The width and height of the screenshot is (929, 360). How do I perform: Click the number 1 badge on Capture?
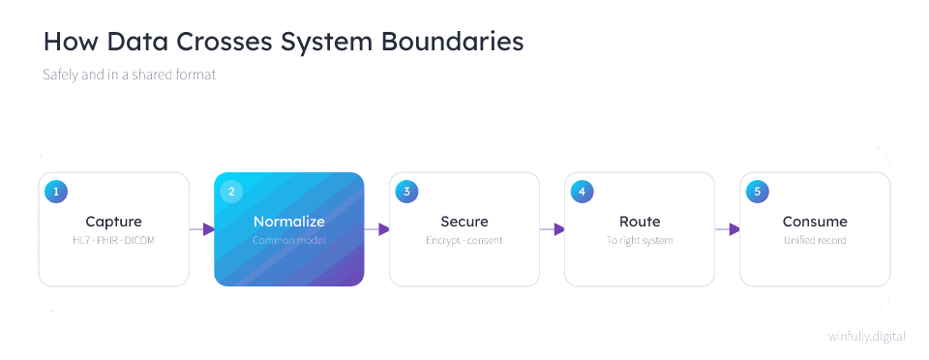pyautogui.click(x=56, y=192)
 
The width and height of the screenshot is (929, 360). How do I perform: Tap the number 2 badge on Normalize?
pyautogui.click(x=231, y=192)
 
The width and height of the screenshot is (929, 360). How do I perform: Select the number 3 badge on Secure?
pyautogui.click(x=407, y=192)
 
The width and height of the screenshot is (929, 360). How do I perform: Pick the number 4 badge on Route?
pyautogui.click(x=583, y=192)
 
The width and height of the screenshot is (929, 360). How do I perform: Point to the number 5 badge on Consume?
pyautogui.click(x=758, y=192)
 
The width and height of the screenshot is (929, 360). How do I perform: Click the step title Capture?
pyautogui.click(x=114, y=222)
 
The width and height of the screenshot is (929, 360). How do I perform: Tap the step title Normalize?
pyautogui.click(x=289, y=222)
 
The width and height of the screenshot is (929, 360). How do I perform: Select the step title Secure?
pyautogui.click(x=464, y=222)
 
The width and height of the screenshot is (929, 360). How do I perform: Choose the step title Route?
pyautogui.click(x=640, y=222)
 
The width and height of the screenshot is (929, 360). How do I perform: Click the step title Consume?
pyautogui.click(x=815, y=222)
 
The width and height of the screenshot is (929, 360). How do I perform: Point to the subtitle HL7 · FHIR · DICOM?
pyautogui.click(x=114, y=240)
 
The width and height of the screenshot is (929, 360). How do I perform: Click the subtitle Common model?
pyautogui.click(x=289, y=240)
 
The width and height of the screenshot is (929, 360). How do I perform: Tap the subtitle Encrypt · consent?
pyautogui.click(x=464, y=240)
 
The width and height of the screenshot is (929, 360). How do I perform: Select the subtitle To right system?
pyautogui.click(x=640, y=240)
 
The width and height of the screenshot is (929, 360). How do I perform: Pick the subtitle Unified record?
pyautogui.click(x=815, y=240)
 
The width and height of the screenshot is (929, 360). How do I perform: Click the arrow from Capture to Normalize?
pyautogui.click(x=202, y=229)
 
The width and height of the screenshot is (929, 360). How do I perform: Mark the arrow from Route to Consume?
pyautogui.click(x=728, y=229)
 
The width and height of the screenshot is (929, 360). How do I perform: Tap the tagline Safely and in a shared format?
pyautogui.click(x=129, y=75)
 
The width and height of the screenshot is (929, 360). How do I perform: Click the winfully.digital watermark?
pyautogui.click(x=867, y=337)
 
